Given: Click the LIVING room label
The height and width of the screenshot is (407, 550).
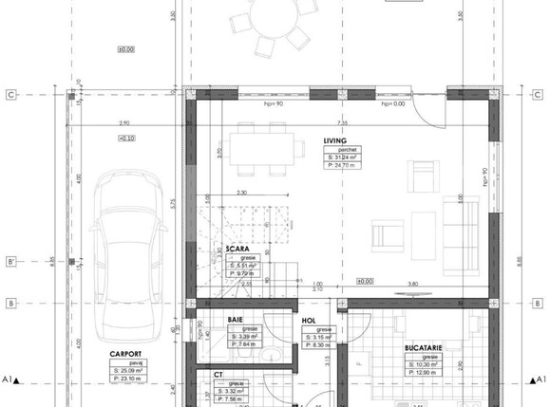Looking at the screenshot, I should point(336,140).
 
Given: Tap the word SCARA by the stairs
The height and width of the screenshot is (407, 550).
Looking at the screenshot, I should point(237,250).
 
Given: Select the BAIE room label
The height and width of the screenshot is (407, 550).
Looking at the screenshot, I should point(235,321).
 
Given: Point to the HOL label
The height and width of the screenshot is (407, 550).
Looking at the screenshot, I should point(308,321).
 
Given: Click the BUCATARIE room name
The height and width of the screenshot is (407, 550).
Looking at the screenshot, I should point(424,348).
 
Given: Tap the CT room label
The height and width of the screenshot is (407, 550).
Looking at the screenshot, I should point(218,376).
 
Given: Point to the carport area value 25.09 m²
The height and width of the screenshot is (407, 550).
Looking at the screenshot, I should point(127,370).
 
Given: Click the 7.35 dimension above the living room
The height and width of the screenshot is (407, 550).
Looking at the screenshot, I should point(342,123).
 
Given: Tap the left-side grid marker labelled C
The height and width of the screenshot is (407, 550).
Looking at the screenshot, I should point(9,95).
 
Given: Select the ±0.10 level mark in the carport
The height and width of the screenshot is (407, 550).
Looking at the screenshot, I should point(125,139).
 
